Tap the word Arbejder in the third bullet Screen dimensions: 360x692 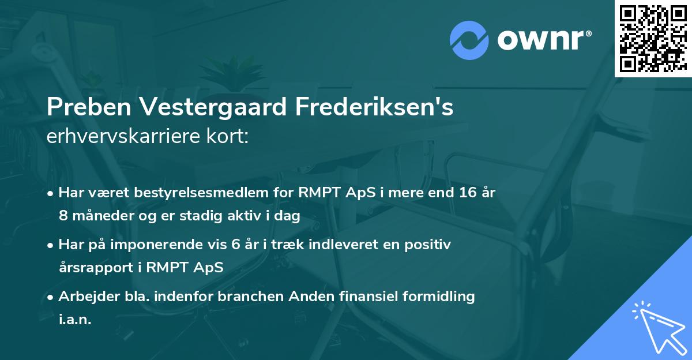point(84,297)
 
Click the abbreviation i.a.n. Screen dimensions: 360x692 point(75,320)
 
